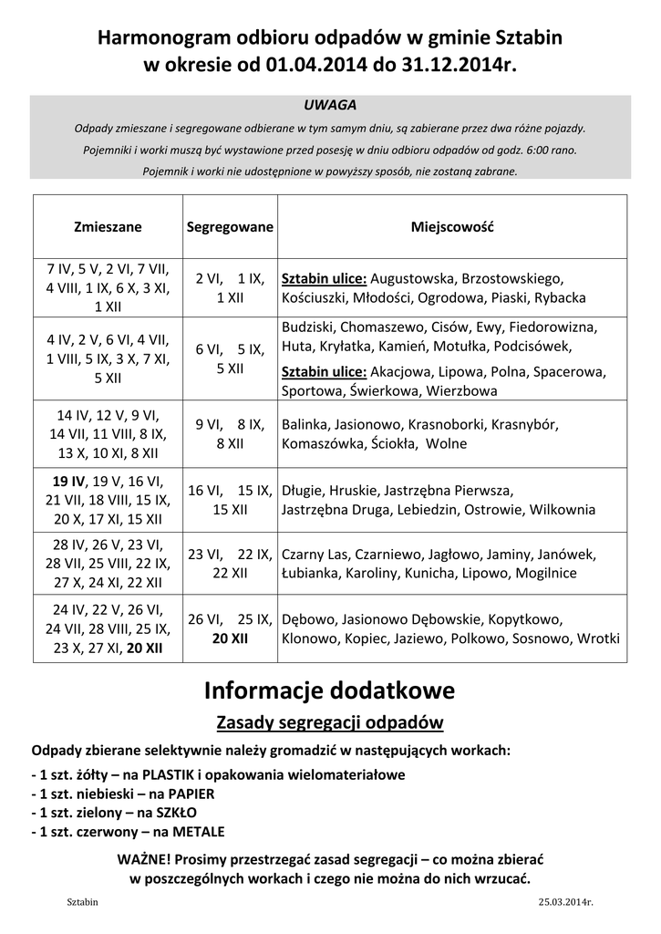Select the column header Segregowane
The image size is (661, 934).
tap(230, 226)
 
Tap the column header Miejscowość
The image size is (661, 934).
tap(452, 226)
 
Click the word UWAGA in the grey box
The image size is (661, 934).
tap(329, 105)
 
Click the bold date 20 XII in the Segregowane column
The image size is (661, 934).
tap(230, 639)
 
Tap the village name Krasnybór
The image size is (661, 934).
tap(523, 425)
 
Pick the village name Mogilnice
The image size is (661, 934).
tap(545, 574)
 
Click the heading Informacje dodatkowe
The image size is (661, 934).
tap(329, 690)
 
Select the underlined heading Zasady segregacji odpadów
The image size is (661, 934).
tap(329, 723)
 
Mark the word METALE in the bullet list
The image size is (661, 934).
tap(194, 832)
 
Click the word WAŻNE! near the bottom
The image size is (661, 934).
tap(143, 860)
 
